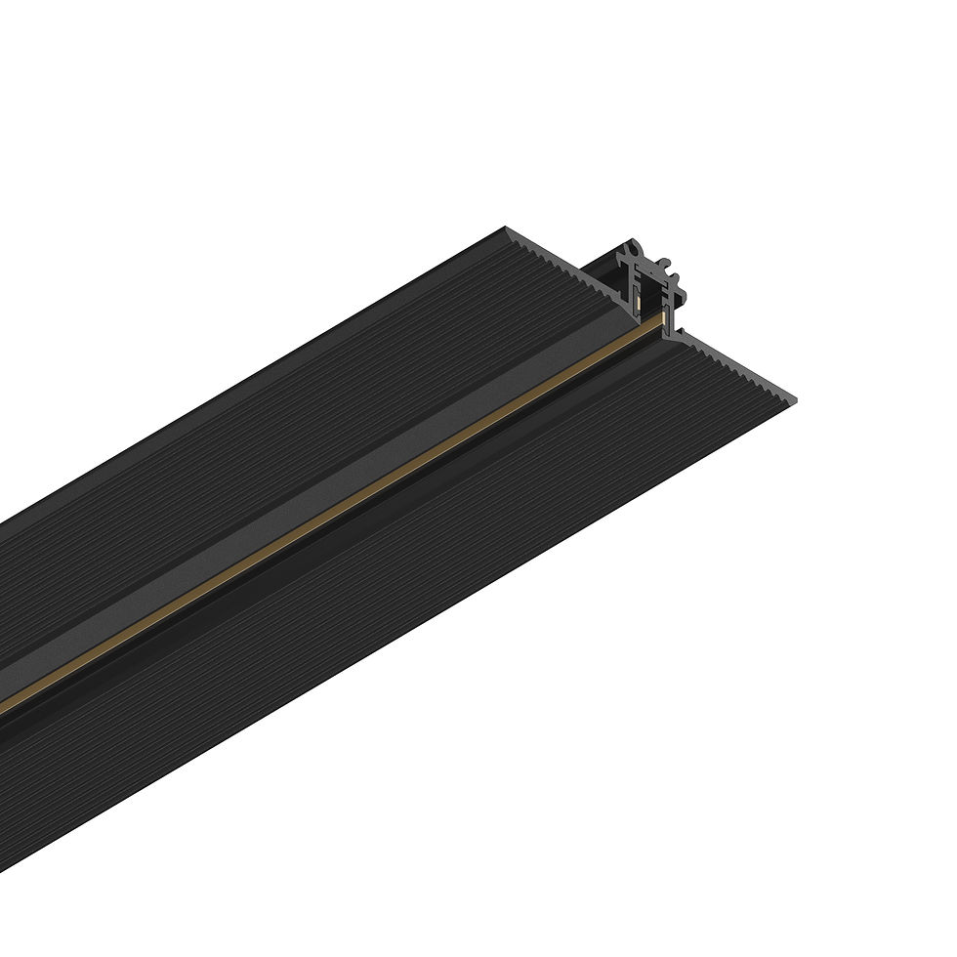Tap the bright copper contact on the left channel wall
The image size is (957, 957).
click(x=639, y=304)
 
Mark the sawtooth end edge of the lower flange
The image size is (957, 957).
click(x=742, y=371)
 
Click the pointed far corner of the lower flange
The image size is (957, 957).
click(x=793, y=400)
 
